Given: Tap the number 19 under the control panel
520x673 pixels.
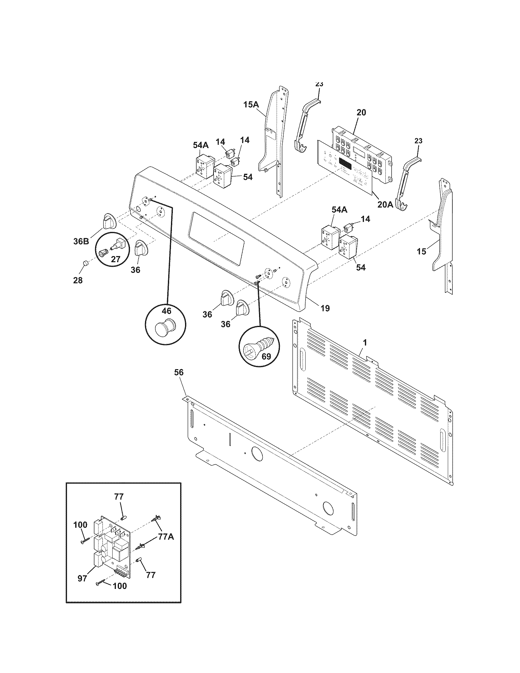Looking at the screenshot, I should point(325,308).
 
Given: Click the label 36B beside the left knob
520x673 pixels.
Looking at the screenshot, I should point(81,241).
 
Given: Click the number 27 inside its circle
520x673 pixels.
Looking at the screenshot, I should point(115,259).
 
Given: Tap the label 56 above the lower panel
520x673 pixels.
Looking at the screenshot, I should point(179,373).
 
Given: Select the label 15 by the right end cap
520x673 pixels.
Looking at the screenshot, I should point(422,251).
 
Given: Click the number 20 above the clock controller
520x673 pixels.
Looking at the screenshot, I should point(361,113).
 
